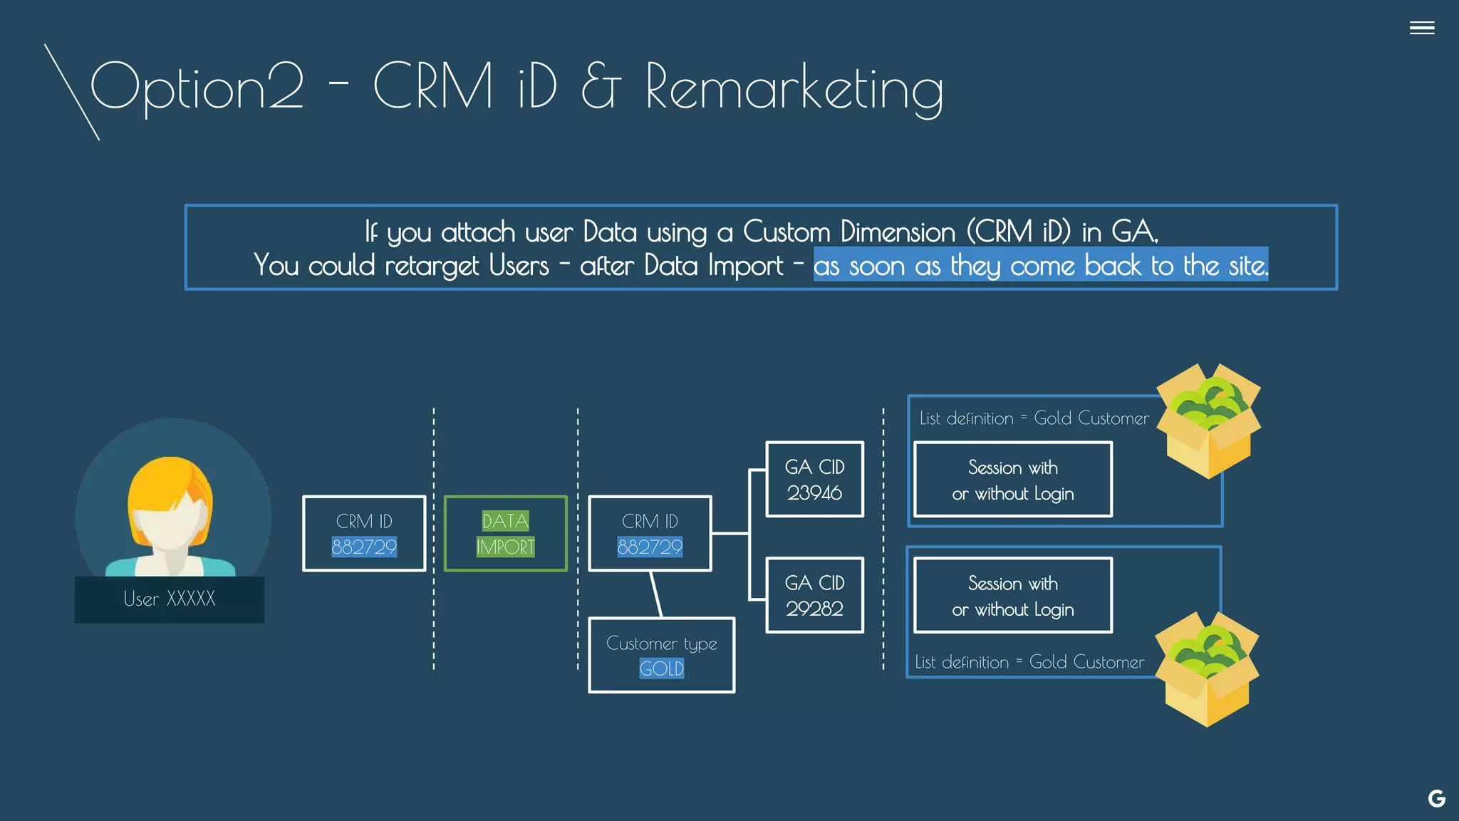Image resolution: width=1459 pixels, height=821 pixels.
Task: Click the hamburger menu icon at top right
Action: click(1421, 28)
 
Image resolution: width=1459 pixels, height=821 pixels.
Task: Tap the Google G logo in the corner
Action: click(1436, 798)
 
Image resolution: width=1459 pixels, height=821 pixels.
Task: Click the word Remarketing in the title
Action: click(794, 88)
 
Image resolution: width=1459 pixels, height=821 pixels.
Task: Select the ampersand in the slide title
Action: click(601, 86)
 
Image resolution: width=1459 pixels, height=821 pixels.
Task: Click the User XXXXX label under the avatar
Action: click(169, 599)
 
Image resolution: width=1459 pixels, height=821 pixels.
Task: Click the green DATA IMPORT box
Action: click(505, 533)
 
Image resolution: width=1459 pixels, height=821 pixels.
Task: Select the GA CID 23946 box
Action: click(814, 479)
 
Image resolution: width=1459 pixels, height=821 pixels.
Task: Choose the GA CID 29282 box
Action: click(814, 595)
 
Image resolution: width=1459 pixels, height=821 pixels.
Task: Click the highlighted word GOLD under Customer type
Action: click(661, 668)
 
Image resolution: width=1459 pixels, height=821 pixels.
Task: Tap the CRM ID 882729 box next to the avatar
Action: click(364, 533)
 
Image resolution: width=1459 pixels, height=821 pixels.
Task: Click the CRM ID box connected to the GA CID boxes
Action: click(650, 533)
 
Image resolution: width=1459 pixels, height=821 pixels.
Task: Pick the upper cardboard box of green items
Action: click(1208, 420)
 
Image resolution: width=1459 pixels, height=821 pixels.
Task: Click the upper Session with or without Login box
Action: click(1012, 480)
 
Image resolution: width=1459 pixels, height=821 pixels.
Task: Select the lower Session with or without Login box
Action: click(1012, 596)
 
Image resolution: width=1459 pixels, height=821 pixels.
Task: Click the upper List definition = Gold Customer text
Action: click(1034, 418)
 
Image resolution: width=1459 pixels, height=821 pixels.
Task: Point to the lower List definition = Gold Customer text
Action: click(1029, 662)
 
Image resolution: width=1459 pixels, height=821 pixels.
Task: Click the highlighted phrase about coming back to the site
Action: click(1040, 265)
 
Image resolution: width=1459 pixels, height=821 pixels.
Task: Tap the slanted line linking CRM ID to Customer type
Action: click(656, 594)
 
